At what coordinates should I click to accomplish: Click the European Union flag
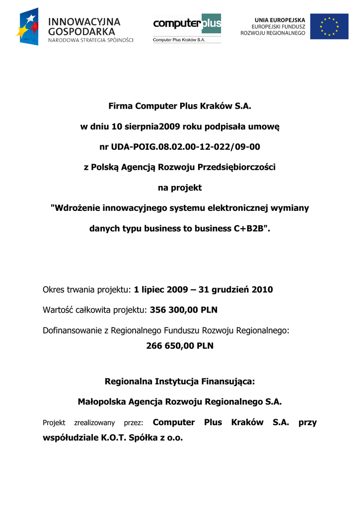tap(329, 26)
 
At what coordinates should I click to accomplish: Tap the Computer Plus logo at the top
tap(187, 23)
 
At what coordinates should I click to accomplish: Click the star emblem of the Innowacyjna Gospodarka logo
tap(27, 27)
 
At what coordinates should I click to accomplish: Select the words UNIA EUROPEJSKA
tap(280, 19)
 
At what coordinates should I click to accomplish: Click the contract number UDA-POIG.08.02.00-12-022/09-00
tap(179, 147)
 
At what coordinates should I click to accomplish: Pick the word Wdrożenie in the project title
tap(75, 208)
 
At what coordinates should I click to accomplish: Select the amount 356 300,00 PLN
tap(183, 310)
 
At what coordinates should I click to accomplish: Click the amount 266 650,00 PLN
tap(180, 346)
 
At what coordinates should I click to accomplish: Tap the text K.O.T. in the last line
tap(115, 438)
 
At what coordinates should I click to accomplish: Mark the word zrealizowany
tap(94, 423)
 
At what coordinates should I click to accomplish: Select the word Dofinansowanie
tap(72, 330)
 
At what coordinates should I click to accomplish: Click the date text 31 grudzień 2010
tap(235, 290)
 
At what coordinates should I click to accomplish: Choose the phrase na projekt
tap(179, 188)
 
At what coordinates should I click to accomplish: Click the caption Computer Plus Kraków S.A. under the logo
tap(179, 40)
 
